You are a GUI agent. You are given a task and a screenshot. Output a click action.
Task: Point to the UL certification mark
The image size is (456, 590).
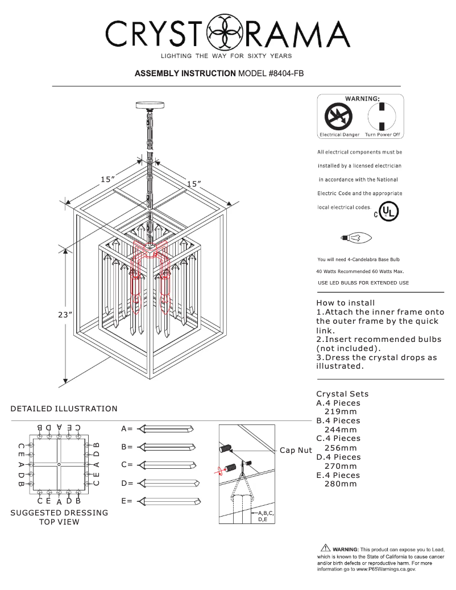388,212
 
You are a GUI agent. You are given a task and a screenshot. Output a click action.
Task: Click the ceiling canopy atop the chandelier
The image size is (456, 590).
150,105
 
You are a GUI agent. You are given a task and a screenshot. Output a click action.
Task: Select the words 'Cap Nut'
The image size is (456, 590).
296,451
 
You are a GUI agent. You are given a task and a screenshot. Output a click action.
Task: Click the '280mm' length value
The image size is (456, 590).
341,484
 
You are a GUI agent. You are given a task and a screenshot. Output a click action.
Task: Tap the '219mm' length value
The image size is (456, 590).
341,411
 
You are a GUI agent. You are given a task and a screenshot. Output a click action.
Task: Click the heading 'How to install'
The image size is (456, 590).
346,303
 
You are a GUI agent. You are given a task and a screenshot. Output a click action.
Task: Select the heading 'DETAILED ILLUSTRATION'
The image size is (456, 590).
64,409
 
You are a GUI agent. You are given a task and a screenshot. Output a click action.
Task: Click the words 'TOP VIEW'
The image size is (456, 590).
59,522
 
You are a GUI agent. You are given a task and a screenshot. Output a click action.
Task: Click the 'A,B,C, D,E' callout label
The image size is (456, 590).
266,516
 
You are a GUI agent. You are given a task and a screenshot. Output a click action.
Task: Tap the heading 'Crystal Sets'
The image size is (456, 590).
342,394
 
